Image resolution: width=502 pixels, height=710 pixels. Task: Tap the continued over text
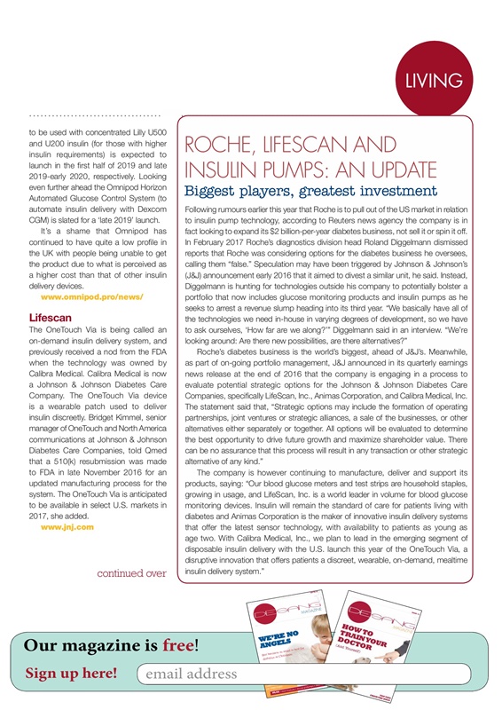tap(124, 573)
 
